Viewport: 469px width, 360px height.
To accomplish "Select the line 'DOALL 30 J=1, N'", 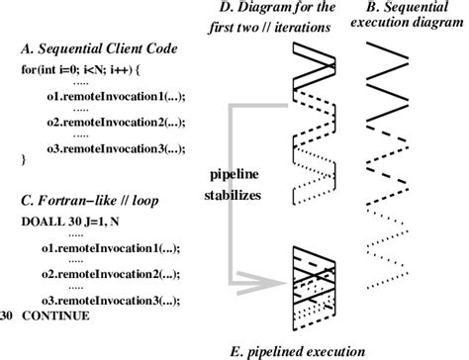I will pos(69,223).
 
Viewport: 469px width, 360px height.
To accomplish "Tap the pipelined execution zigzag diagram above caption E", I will pos(316,288).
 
